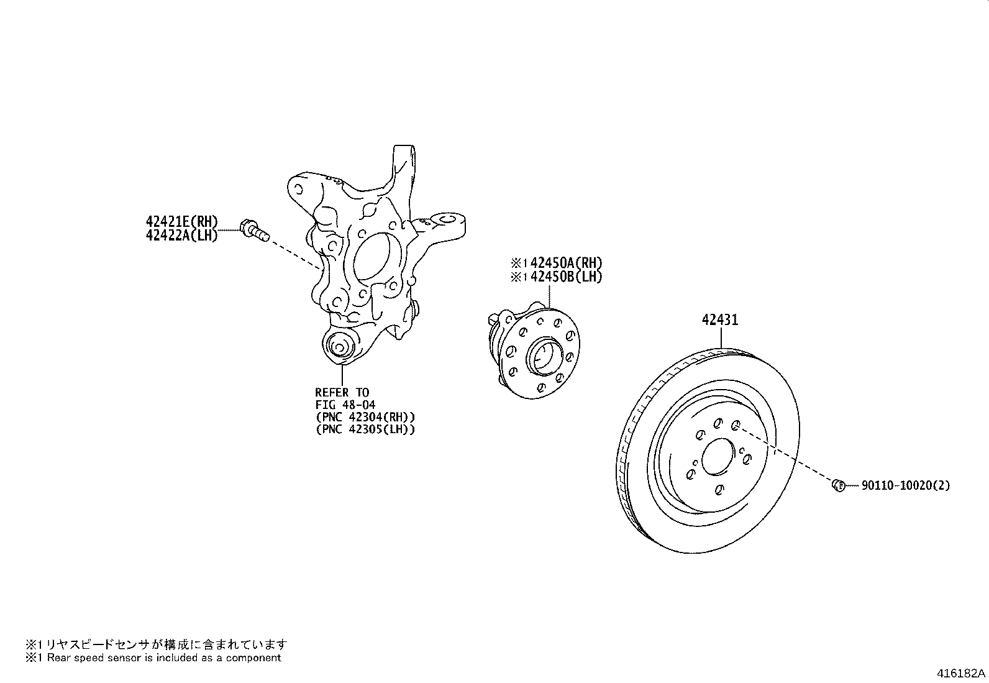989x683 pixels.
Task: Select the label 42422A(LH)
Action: [x=181, y=235]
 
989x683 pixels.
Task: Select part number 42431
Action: [x=720, y=320]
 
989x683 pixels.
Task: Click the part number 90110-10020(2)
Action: [x=905, y=485]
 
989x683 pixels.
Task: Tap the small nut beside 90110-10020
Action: [x=838, y=484]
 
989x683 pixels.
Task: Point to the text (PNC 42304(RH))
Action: [x=365, y=417]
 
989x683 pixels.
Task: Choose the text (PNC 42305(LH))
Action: [x=365, y=429]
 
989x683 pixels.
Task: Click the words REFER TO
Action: [x=342, y=393]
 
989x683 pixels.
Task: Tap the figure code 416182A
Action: [x=961, y=673]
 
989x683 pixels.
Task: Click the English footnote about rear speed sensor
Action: [x=153, y=658]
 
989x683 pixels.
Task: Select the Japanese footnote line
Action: [x=157, y=644]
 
